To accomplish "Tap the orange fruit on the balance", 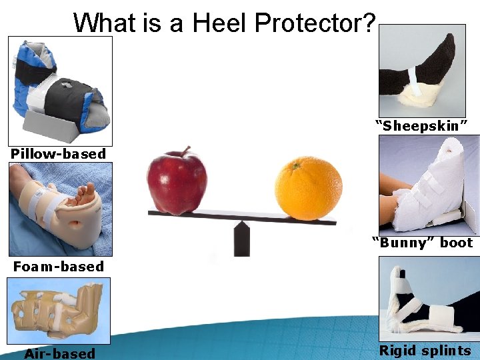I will click(x=308, y=188).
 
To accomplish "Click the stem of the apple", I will click(x=189, y=151).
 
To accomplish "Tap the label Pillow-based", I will click(x=58, y=154).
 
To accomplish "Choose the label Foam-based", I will click(x=59, y=267).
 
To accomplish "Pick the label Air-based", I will click(x=59, y=353).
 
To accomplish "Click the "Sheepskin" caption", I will click(x=421, y=126).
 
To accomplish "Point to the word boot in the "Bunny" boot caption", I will click(x=456, y=243).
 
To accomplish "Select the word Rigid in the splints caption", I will click(x=399, y=351).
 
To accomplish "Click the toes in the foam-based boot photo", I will click(x=85, y=193).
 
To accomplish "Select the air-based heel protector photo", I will click(x=58, y=310).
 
